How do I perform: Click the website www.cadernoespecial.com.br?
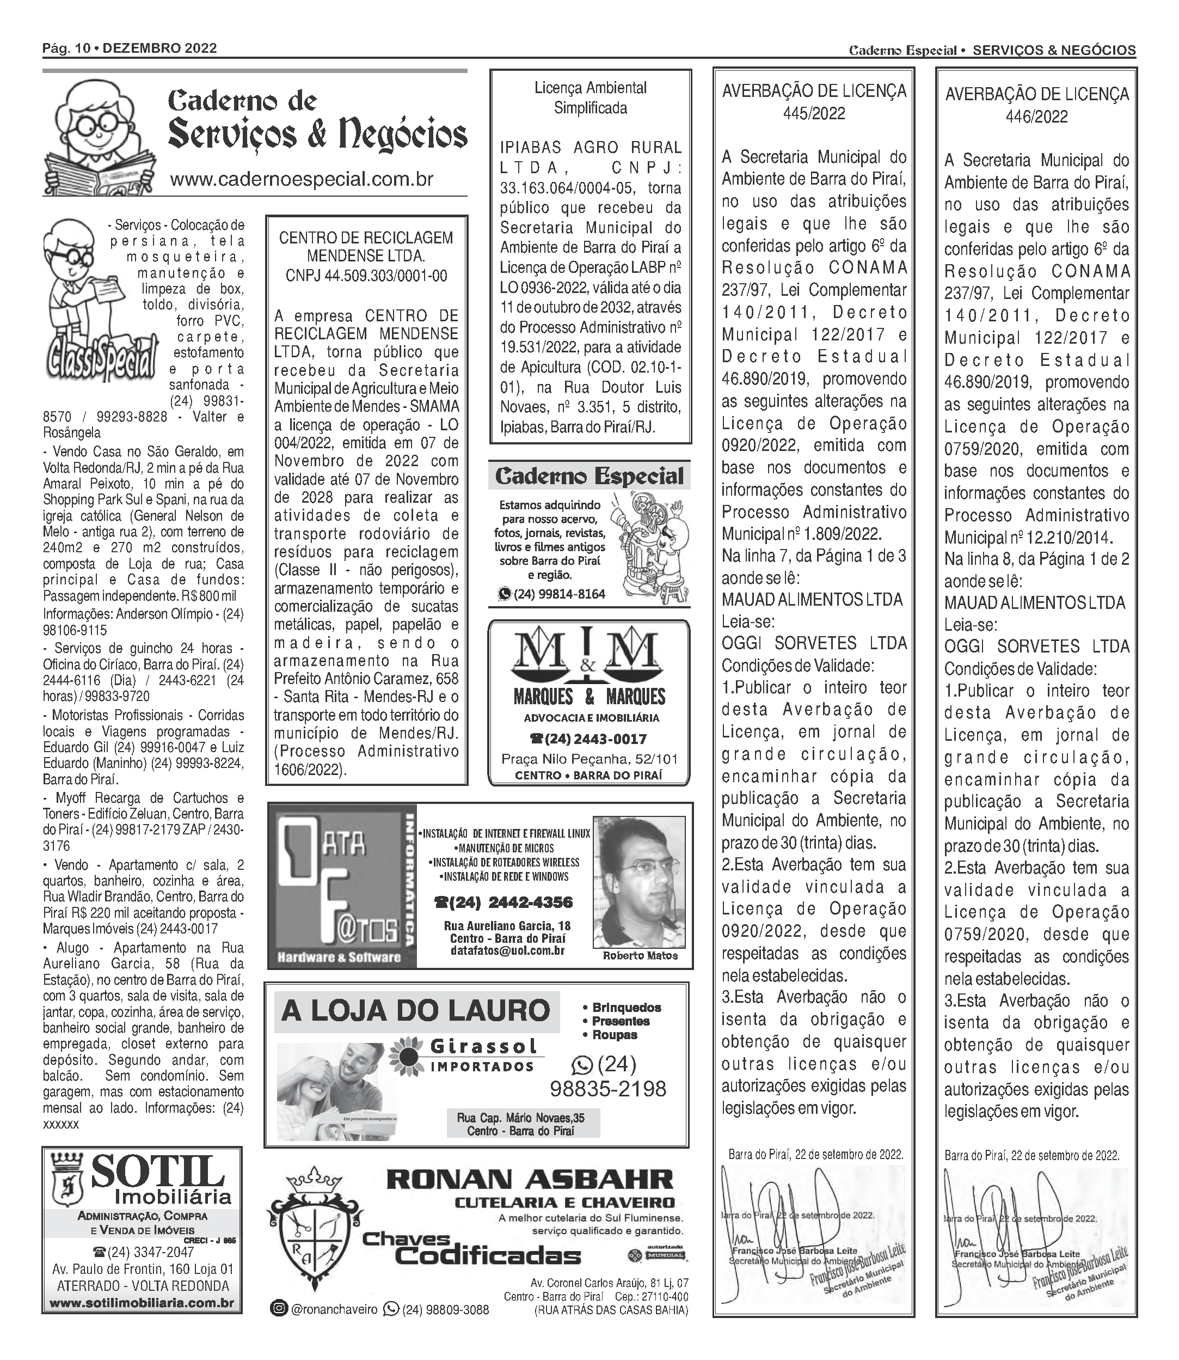302,179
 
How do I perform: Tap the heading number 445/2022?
813,113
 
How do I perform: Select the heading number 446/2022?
1036,117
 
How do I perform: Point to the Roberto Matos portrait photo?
640,883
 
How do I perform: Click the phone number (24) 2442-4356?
503,902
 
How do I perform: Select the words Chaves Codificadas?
470,1249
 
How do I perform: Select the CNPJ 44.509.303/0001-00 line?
366,275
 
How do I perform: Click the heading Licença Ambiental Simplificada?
589,97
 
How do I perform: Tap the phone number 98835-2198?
607,1089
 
